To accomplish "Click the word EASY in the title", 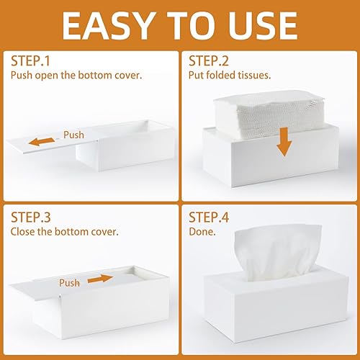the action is [x=108, y=26].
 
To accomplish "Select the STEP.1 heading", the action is [x=30, y=61].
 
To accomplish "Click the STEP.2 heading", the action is [x=209, y=61].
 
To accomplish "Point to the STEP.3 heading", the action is [x=31, y=217].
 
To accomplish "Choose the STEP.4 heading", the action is [x=209, y=217].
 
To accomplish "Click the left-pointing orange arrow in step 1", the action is [x=42, y=142].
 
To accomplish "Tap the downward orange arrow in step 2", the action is [x=284, y=142].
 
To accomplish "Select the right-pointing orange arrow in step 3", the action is [x=100, y=279].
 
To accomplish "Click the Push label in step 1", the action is [x=73, y=135].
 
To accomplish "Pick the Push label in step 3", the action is [x=69, y=283].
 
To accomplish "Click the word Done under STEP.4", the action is [x=202, y=232].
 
